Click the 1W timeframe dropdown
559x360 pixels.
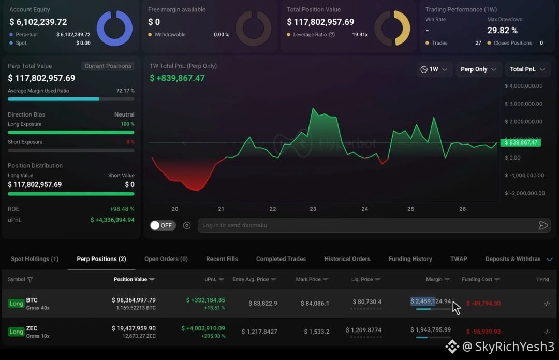coord(434,69)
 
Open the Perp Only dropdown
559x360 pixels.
coord(478,69)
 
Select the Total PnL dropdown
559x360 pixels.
coord(527,69)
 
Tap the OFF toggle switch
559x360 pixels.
coord(163,225)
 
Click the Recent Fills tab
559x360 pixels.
coord(222,258)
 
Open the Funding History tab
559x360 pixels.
coord(410,258)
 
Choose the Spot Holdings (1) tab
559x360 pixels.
coord(35,258)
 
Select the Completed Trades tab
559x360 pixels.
coord(281,258)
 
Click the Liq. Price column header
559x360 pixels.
coord(366,279)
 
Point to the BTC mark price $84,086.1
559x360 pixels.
coord(315,303)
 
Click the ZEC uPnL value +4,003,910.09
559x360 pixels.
coord(203,328)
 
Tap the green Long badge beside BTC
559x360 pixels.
coord(16,303)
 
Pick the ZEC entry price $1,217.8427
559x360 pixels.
coord(259,332)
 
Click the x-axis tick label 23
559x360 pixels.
coord(313,209)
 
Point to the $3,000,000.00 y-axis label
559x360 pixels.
coord(523,104)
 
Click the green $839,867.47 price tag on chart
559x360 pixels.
coord(521,142)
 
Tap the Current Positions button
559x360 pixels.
coord(108,66)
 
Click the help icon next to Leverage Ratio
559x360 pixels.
coord(332,35)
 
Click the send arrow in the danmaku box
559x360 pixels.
coord(543,225)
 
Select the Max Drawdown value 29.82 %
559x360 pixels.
coord(502,31)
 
